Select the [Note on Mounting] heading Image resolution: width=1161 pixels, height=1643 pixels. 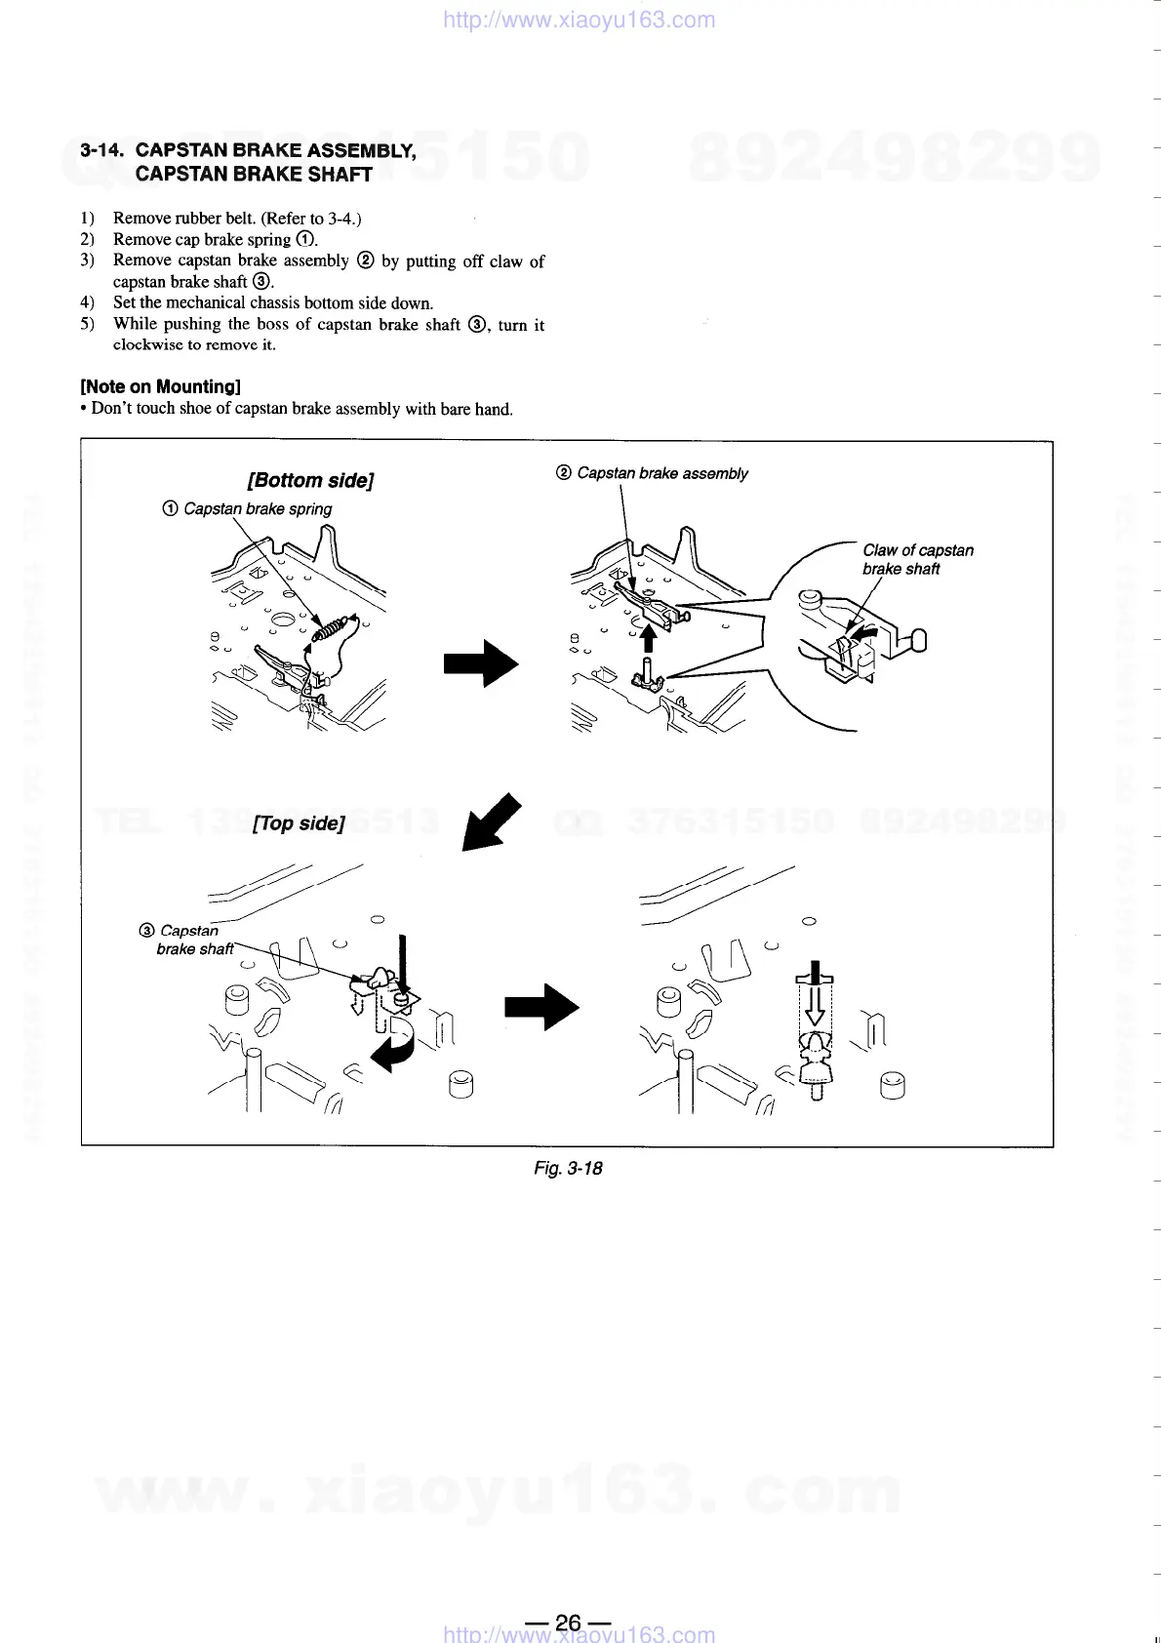160,386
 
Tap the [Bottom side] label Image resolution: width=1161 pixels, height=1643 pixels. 311,480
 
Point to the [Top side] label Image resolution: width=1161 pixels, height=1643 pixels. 299,823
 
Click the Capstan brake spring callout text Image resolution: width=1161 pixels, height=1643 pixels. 257,509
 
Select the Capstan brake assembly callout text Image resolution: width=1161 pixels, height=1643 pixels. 661,473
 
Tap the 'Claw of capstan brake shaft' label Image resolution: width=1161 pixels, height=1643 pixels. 917,559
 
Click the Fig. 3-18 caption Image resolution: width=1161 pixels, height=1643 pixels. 568,1168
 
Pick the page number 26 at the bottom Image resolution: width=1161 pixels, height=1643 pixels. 568,1623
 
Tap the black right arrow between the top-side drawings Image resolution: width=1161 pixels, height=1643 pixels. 541,1007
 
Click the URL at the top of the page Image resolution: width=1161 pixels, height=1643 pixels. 579,20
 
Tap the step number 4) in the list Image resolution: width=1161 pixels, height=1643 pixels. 88,302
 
